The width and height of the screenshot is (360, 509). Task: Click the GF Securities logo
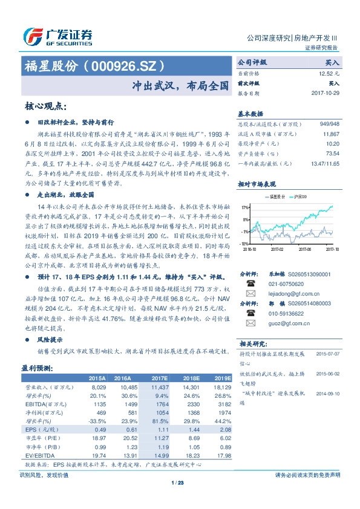point(58,37)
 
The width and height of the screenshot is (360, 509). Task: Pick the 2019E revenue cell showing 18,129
point(220,386)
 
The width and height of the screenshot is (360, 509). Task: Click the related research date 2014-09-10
point(327,392)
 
